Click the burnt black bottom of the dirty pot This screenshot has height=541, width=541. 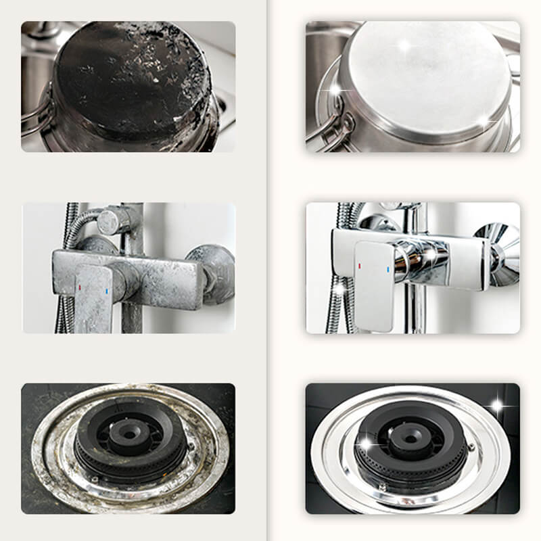(128, 74)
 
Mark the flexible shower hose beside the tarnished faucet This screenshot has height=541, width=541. (64, 270)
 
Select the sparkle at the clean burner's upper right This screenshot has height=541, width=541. (498, 406)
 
